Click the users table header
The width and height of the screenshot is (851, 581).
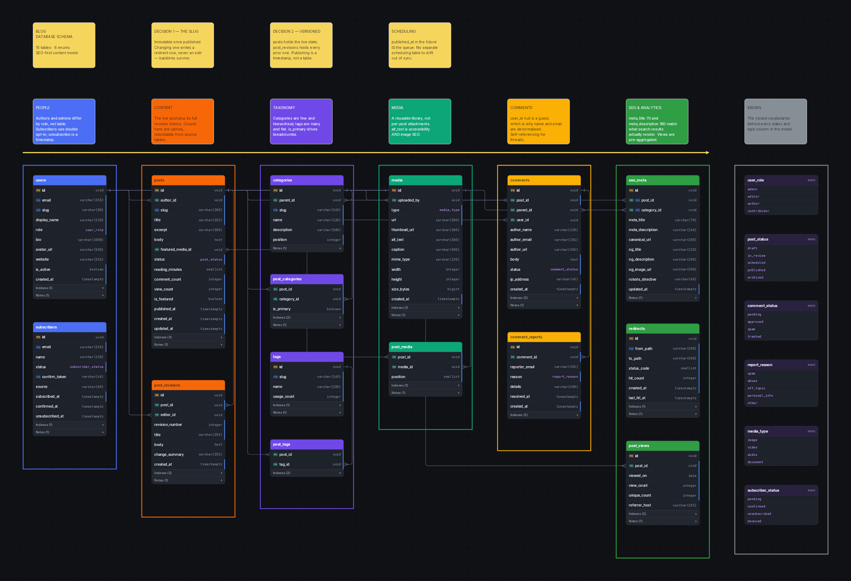click(70, 180)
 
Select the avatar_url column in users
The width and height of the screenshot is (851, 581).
click(70, 249)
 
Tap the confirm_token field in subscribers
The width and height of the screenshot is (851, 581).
click(70, 377)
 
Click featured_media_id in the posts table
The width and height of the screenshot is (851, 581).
click(188, 249)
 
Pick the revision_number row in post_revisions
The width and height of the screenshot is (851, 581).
click(188, 424)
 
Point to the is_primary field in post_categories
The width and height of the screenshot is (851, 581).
click(307, 309)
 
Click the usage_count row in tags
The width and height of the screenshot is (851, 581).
click(307, 396)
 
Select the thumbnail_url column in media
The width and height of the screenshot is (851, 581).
click(425, 230)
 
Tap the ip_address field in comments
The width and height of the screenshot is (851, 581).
click(544, 279)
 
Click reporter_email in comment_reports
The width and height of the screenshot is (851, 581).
click(544, 367)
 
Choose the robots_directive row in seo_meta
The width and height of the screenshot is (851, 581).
click(663, 279)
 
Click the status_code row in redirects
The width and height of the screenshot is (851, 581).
click(663, 368)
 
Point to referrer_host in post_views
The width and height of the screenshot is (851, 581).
click(663, 505)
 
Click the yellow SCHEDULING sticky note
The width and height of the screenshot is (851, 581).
click(420, 45)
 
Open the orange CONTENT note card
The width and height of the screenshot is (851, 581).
click(183, 121)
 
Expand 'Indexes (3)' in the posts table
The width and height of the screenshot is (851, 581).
click(188, 337)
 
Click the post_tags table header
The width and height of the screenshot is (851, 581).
click(307, 444)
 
